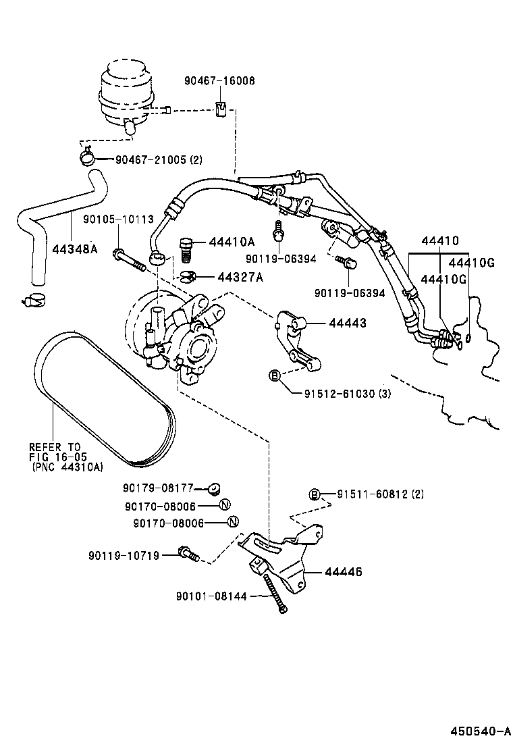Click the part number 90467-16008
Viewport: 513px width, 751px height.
[219, 80]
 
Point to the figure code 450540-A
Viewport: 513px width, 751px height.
[480, 731]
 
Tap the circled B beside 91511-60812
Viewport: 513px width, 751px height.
[314, 494]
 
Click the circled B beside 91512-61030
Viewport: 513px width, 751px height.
[275, 375]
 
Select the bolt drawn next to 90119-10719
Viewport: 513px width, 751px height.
[188, 554]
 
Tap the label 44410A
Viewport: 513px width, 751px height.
[232, 242]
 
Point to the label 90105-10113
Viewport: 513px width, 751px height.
[118, 219]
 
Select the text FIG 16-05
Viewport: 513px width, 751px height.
[54, 457]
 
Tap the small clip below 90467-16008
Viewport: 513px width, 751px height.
[219, 108]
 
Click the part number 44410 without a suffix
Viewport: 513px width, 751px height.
[439, 241]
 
